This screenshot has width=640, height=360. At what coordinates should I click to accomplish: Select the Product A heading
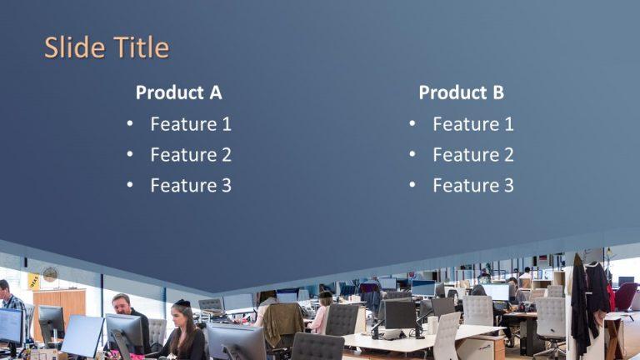[x=178, y=92]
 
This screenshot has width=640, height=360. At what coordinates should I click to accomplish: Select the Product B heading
[x=461, y=92]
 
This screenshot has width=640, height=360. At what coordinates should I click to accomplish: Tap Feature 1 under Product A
[x=191, y=124]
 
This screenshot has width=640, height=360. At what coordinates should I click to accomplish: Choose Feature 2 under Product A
[x=191, y=155]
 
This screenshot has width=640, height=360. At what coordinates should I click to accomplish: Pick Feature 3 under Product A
[x=191, y=185]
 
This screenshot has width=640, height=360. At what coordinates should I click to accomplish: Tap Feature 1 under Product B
[x=473, y=124]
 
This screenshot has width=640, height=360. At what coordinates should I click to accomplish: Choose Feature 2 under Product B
[x=473, y=155]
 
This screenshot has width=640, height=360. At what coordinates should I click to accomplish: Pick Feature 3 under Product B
[x=473, y=185]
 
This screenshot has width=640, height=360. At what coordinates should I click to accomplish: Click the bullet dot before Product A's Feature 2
[x=130, y=155]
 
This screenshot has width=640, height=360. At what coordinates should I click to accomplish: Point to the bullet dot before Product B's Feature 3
[x=412, y=185]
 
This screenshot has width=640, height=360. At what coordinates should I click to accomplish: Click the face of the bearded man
[x=122, y=306]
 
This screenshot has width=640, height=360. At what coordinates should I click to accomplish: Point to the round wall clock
[x=51, y=274]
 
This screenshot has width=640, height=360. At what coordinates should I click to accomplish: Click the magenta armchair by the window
[x=625, y=296]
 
